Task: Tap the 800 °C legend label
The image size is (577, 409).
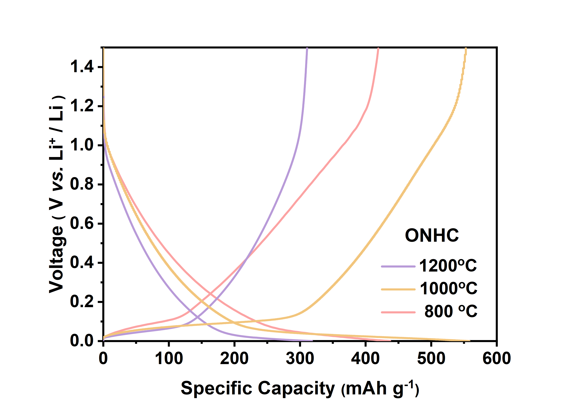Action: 451,311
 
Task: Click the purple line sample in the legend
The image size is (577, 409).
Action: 398,266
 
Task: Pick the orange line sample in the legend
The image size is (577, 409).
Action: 398,289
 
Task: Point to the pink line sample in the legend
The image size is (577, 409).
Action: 398,312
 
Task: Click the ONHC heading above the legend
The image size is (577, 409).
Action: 432,235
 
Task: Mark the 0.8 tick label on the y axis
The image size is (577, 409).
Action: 82,184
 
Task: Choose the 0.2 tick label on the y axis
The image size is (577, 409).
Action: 82,302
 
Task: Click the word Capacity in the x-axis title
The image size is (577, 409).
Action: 296,388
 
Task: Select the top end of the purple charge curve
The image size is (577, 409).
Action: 307,48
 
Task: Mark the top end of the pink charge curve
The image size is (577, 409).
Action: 378,49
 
